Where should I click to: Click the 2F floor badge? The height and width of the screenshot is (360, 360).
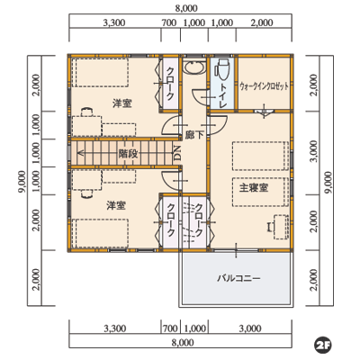point(323,345)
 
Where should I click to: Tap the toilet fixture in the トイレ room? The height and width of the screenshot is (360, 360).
point(221,68)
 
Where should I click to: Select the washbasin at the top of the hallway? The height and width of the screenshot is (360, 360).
point(194,67)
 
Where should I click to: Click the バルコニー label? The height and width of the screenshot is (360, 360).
point(238,278)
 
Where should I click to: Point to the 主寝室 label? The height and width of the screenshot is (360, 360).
point(254,188)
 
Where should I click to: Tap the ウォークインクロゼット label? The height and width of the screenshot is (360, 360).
point(265,86)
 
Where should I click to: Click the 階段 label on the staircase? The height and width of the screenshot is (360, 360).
point(128,154)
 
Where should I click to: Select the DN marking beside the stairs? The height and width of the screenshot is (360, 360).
point(177,153)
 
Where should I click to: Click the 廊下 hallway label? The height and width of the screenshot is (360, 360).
point(194,135)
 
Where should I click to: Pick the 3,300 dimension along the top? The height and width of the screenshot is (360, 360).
point(114,22)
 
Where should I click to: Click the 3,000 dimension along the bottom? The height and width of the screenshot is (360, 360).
point(250,328)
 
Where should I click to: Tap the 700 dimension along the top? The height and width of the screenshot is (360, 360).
point(169,22)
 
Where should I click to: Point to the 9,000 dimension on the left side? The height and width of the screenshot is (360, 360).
point(22,183)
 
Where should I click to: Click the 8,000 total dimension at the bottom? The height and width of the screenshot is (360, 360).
point(183,342)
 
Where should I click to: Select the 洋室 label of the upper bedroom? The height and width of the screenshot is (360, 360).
point(122,103)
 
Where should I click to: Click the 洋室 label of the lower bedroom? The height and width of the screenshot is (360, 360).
point(116,205)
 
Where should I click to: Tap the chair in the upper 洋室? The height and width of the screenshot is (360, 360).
point(86,112)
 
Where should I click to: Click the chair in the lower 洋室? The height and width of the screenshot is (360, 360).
point(86,194)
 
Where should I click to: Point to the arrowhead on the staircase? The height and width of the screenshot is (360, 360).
point(80,154)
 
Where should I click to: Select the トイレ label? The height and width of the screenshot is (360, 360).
point(222,96)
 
